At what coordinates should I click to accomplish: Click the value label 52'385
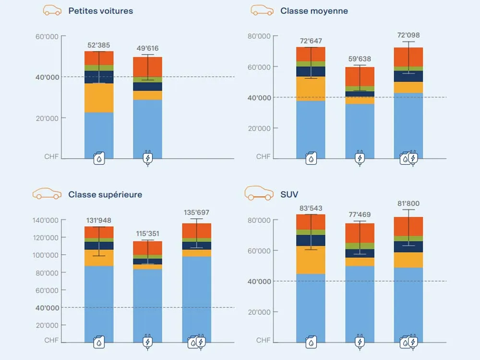tap(98, 45)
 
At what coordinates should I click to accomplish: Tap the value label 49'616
tap(147, 48)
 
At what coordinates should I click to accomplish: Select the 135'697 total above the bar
tap(196, 213)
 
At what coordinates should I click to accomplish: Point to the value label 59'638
tap(360, 59)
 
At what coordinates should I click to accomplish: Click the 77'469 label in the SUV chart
tap(360, 215)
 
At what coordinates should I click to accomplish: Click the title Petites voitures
tap(101, 11)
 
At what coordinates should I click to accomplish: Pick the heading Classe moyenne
tap(314, 11)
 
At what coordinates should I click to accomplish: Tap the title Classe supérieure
tap(105, 194)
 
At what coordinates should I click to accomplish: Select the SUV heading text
tap(289, 194)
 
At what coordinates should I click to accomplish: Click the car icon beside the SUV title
tap(259, 193)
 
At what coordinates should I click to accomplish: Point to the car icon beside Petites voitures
tap(52, 10)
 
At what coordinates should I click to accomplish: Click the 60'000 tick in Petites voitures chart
tap(47, 37)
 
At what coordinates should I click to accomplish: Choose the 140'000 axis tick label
tap(45, 220)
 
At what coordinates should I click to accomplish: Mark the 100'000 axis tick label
tap(45, 255)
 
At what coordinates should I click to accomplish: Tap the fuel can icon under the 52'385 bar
tap(99, 158)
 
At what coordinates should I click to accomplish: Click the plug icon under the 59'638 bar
tap(360, 158)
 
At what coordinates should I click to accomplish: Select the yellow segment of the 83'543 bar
tap(311, 260)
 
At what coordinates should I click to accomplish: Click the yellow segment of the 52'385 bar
tap(99, 98)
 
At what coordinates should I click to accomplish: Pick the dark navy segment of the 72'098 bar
tap(408, 76)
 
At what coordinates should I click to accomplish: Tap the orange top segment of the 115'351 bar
tap(147, 248)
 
